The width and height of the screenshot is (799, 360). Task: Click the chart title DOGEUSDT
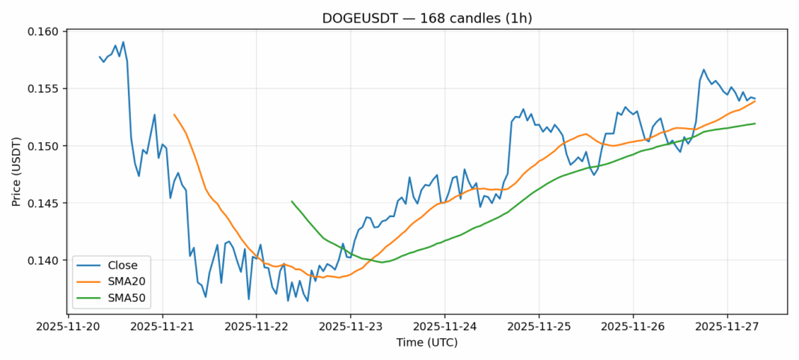(426, 18)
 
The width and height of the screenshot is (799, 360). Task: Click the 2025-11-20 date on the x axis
(68, 326)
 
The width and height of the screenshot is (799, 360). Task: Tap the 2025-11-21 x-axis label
(162, 326)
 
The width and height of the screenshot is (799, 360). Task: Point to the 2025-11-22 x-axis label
(257, 326)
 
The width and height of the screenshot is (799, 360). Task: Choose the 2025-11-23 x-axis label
(351, 326)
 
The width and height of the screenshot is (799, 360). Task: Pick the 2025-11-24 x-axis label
(445, 326)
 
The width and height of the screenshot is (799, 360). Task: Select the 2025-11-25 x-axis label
(539, 326)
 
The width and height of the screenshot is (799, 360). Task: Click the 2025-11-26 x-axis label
(634, 326)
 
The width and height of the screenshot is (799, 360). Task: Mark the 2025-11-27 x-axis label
(728, 326)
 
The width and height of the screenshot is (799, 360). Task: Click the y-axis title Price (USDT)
(16, 172)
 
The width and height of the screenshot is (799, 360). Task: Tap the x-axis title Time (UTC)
(426, 343)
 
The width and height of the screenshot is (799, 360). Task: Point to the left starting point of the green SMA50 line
(292, 201)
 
